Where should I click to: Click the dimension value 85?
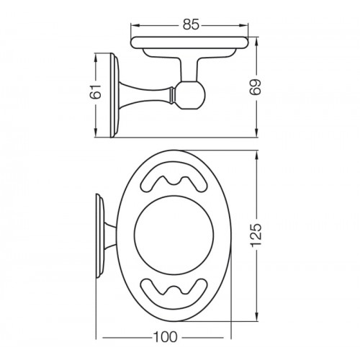[x=191, y=24]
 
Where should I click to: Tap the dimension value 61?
[x=95, y=91]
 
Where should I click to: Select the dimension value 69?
[x=256, y=87]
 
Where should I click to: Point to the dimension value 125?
[x=256, y=235]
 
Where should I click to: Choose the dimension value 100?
[x=165, y=337]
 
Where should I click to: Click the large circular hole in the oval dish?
[x=174, y=235]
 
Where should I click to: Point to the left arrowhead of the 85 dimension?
[x=135, y=25]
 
